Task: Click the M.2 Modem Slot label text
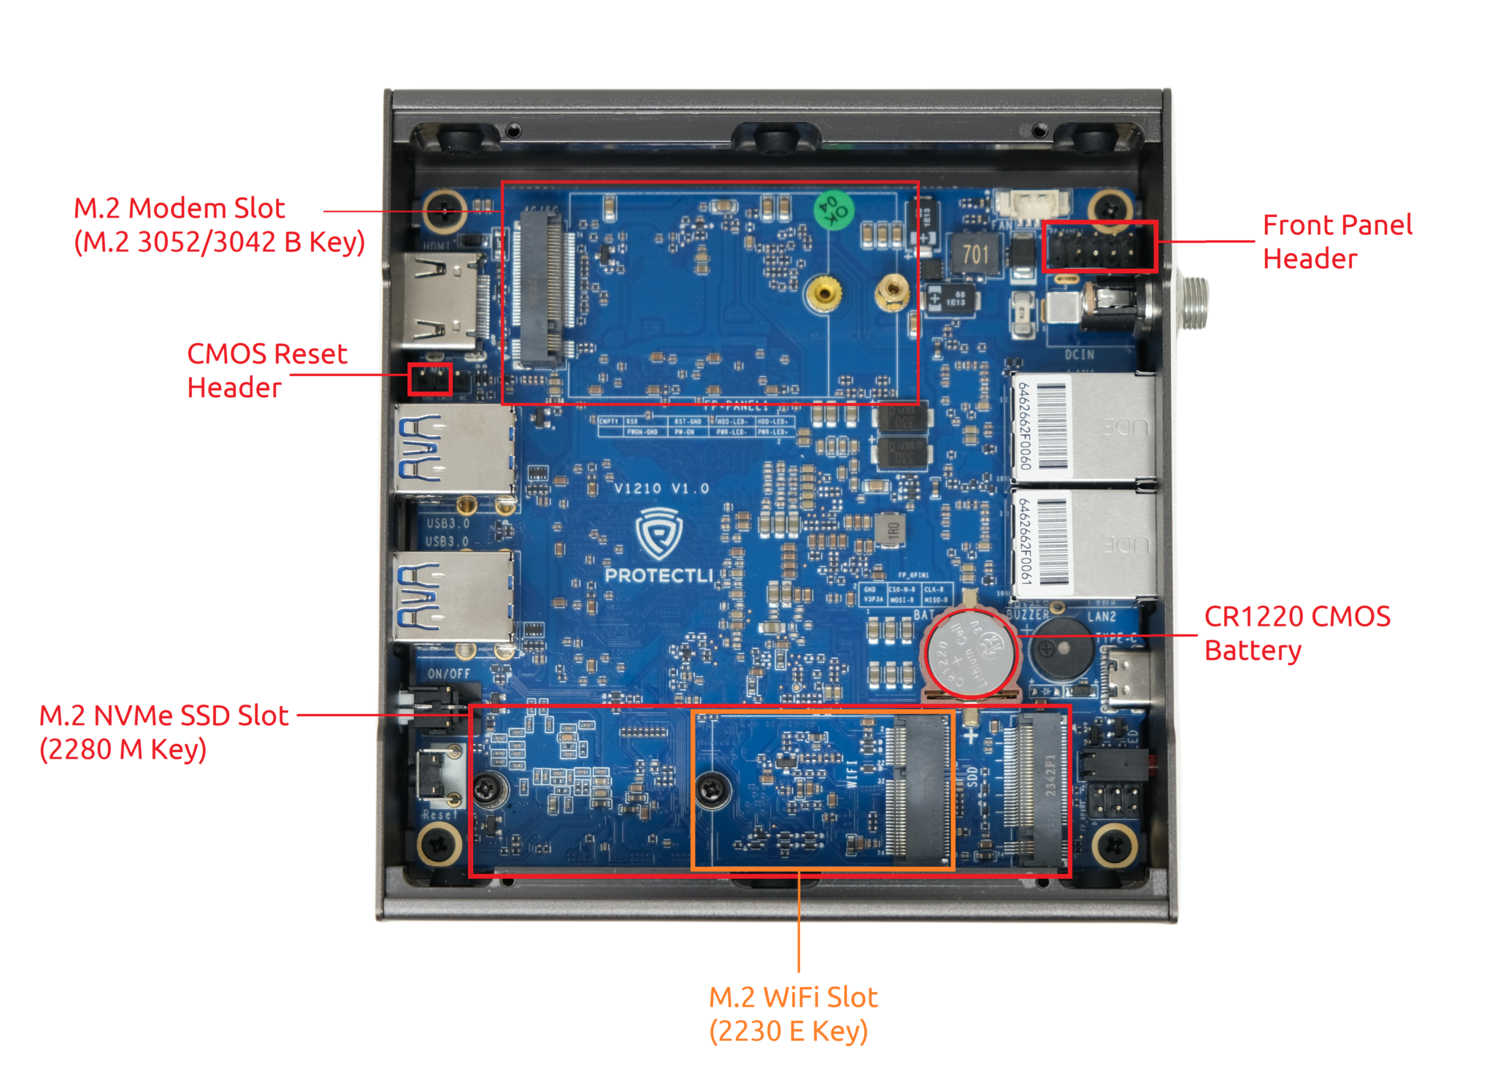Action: click(x=218, y=225)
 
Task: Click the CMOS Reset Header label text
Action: click(x=266, y=370)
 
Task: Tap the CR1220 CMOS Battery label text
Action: click(x=1296, y=633)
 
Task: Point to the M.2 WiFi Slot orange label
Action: click(x=792, y=1014)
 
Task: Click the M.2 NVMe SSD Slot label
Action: click(x=164, y=732)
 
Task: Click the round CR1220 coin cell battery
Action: click(x=970, y=653)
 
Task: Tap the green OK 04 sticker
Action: click(x=834, y=210)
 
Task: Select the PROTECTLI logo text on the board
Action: click(x=658, y=575)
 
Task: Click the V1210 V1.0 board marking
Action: click(x=661, y=488)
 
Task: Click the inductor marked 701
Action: click(x=975, y=255)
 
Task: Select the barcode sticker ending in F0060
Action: click(x=1039, y=426)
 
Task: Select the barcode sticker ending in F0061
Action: click(x=1041, y=541)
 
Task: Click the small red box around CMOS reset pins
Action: click(x=429, y=379)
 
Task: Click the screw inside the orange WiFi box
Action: click(x=712, y=791)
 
